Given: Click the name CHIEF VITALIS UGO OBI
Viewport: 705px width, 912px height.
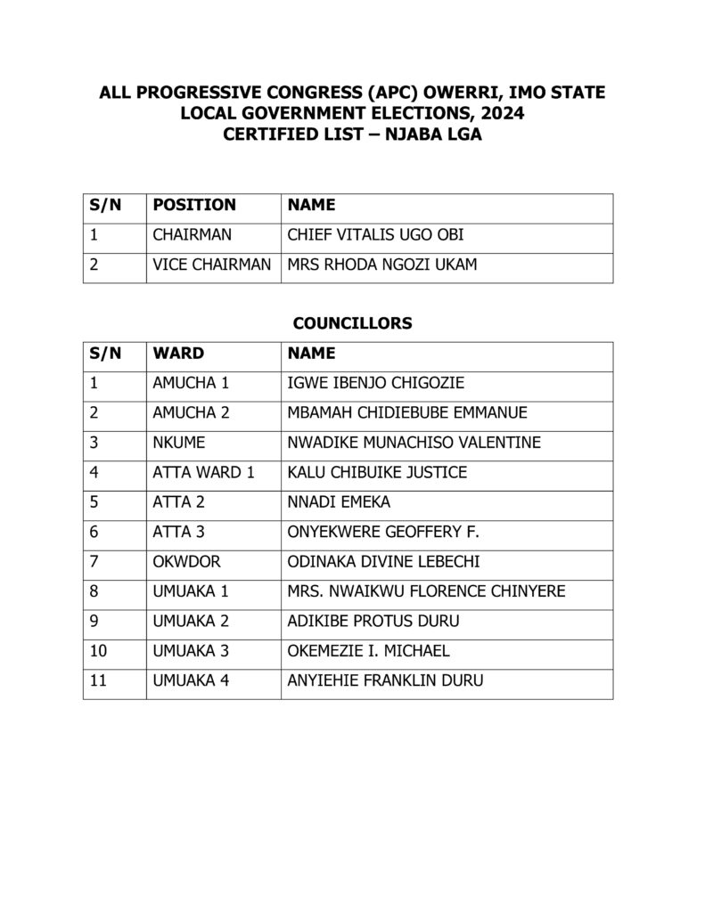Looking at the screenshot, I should click(x=375, y=235).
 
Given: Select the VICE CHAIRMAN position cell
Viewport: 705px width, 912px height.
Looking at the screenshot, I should click(x=212, y=265).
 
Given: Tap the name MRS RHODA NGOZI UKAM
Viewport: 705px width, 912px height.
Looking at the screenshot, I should click(x=381, y=265).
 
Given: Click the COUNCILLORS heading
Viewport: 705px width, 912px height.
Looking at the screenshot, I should click(x=352, y=323).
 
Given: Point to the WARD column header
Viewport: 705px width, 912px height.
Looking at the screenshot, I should click(x=178, y=354).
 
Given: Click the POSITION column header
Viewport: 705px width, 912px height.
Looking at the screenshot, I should click(x=194, y=205).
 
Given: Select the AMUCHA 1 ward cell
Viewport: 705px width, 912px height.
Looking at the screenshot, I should click(x=191, y=384).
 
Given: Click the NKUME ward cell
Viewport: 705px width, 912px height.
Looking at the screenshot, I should click(x=176, y=443).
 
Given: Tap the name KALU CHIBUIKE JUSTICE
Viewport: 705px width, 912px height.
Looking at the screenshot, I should click(x=376, y=473).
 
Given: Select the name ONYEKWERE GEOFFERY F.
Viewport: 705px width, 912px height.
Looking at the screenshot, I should click(x=383, y=533).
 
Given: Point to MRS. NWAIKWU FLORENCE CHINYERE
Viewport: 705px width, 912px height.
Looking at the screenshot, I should click(x=426, y=591).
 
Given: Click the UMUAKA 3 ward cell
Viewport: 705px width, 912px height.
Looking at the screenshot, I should click(x=191, y=651).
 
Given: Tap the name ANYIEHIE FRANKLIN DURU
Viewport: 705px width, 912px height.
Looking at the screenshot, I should click(x=385, y=681).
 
